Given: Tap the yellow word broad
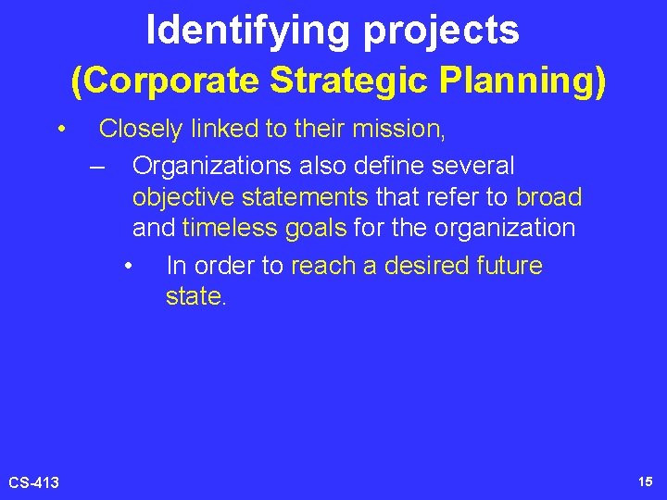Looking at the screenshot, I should pyautogui.click(x=549, y=197).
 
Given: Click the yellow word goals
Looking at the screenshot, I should pyautogui.click(x=315, y=228).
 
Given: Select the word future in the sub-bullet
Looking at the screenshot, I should pyautogui.click(x=510, y=267).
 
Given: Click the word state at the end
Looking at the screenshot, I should pyautogui.click(x=192, y=297).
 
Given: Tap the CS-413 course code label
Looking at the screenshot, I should pyautogui.click(x=34, y=482).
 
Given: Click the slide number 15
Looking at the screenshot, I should pyautogui.click(x=645, y=481).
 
